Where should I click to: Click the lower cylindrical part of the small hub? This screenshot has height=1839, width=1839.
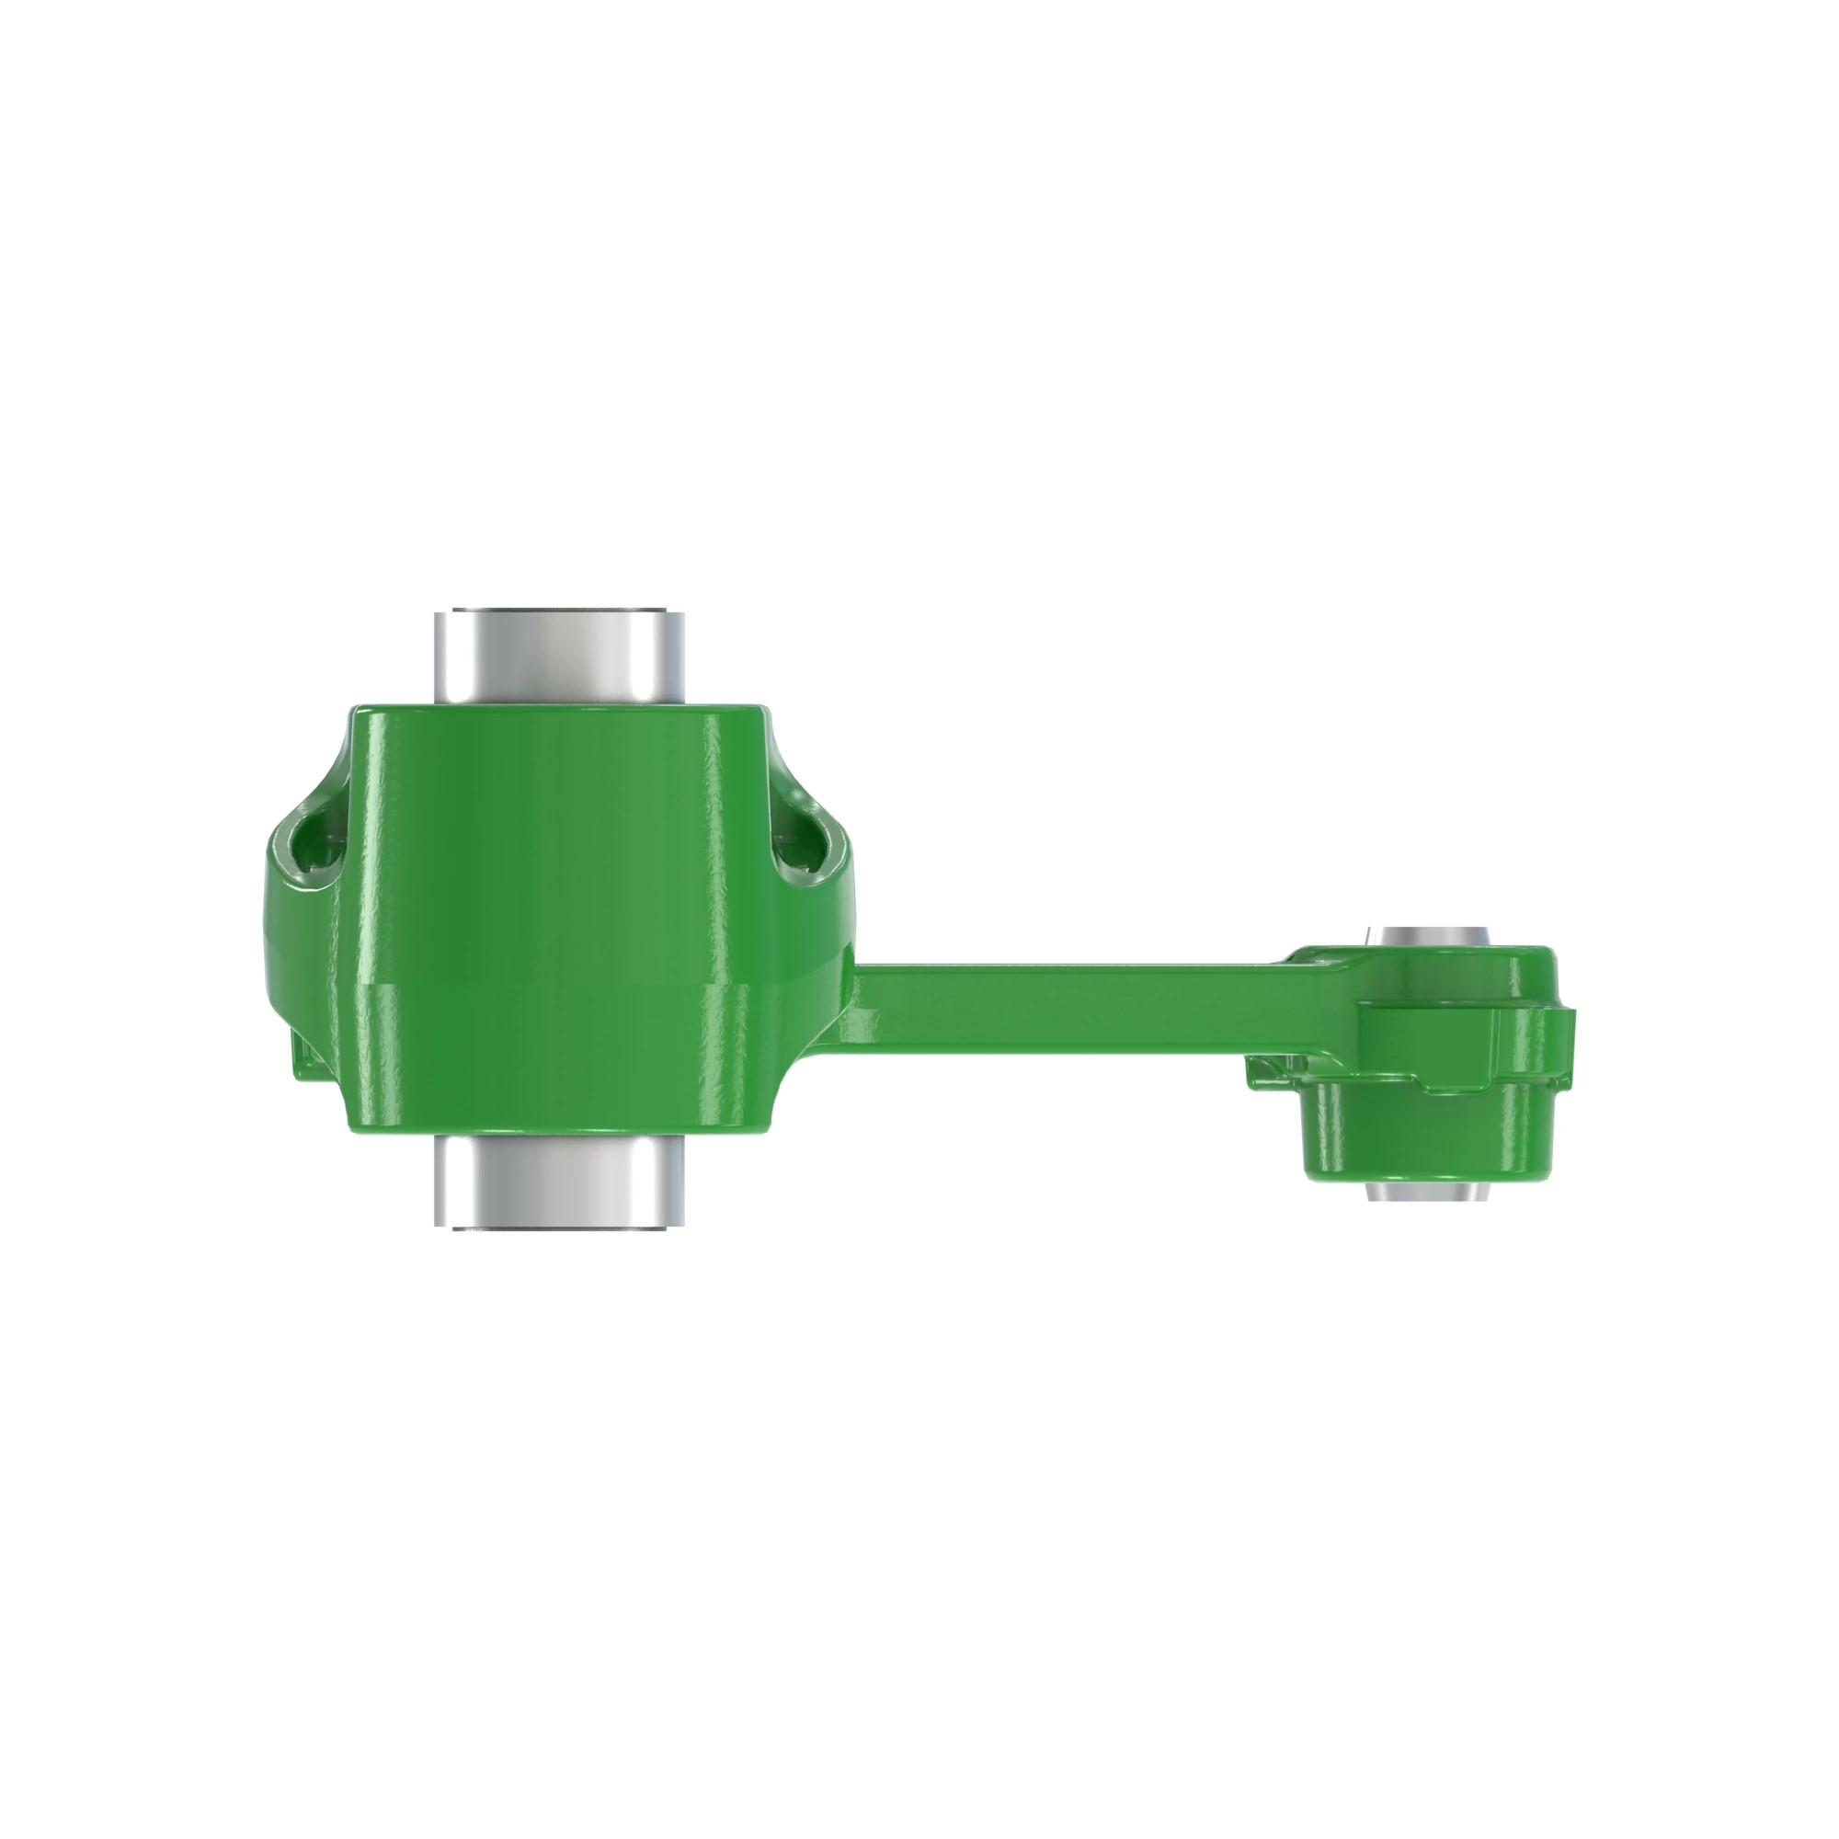click(1428, 1137)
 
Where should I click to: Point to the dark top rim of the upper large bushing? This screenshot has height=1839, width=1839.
click(559, 610)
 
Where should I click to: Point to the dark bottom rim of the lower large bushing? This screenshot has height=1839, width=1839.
click(559, 1228)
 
